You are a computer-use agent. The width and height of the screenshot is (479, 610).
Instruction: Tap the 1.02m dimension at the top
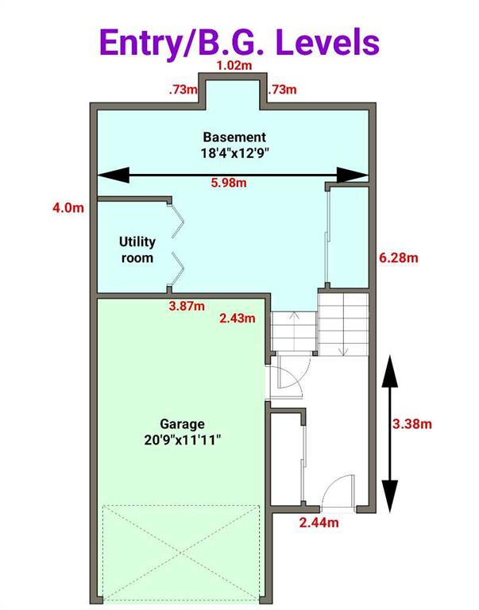[x=234, y=65]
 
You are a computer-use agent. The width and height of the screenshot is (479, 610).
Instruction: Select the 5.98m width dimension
[x=229, y=183]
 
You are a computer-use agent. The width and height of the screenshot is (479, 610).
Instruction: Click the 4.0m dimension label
[x=68, y=207]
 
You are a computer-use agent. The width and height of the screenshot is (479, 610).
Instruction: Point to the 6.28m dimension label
[x=399, y=257]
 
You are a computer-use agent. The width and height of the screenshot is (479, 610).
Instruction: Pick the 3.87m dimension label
[x=187, y=306]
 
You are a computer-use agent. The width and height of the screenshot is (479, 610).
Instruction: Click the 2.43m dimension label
[x=238, y=319]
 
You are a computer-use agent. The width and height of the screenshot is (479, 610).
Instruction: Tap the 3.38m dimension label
[x=412, y=423]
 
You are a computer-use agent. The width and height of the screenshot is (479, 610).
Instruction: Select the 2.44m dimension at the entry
[x=319, y=523]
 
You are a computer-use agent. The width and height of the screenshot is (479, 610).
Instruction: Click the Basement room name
[x=234, y=137]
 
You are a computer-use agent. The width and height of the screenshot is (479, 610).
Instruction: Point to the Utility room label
[x=137, y=249]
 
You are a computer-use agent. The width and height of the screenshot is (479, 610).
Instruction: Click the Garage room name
[x=182, y=423]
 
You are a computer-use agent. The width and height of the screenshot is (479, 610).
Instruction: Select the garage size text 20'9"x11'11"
[x=183, y=440]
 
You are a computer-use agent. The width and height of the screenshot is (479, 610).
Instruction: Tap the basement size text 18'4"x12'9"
[x=235, y=153]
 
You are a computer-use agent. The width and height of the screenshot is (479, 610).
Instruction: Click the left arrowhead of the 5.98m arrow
[x=113, y=175]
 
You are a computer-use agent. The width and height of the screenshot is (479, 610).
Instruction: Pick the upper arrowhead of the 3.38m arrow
[x=390, y=371]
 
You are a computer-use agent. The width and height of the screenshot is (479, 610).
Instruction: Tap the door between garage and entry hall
[x=291, y=376]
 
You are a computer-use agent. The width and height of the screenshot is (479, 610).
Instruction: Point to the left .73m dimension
[x=183, y=91]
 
